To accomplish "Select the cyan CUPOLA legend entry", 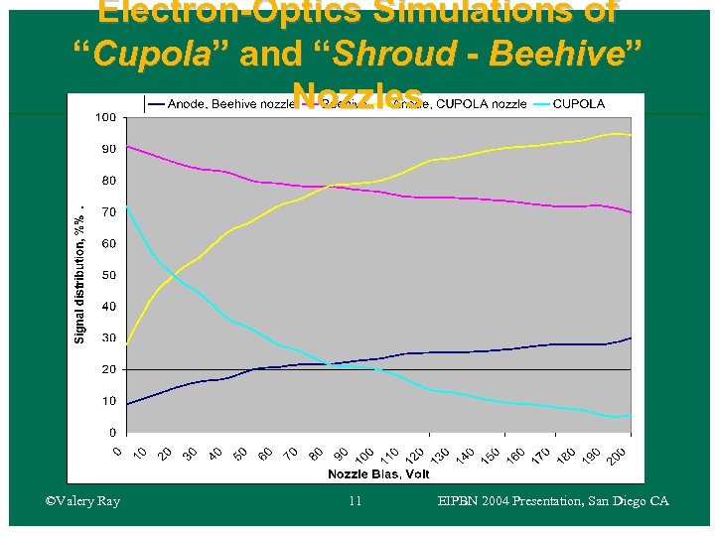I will click(x=578, y=103).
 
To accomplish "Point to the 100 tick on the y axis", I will click(x=105, y=117).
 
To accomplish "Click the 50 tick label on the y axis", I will click(x=108, y=275).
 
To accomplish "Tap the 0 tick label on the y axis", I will click(x=112, y=433).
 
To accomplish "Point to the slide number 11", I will click(x=356, y=501).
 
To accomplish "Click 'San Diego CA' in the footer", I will click(x=626, y=501).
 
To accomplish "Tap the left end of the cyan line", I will click(x=126, y=206).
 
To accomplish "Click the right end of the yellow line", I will click(x=631, y=135).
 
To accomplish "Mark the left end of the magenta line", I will click(x=126, y=146).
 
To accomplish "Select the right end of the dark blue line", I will click(x=631, y=338).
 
